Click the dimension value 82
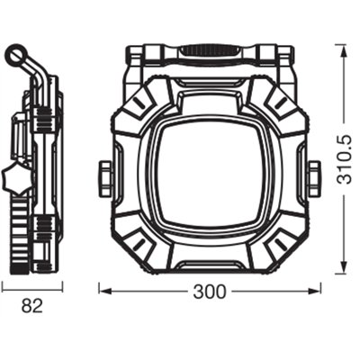point(32,305)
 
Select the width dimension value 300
point(210,292)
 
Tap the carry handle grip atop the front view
point(209,52)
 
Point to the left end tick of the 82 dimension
point(2,285)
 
